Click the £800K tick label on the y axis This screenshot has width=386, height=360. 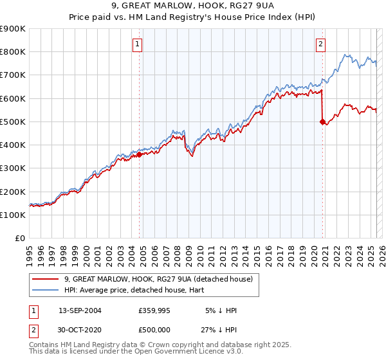pyautogui.click(x=13, y=52)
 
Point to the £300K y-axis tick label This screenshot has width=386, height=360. pyautogui.click(x=13, y=168)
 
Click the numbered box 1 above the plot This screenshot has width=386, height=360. pyautogui.click(x=138, y=44)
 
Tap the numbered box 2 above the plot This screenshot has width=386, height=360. pyautogui.click(x=320, y=44)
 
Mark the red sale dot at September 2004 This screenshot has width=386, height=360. pyautogui.click(x=140, y=154)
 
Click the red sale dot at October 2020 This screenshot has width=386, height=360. pyautogui.click(x=322, y=122)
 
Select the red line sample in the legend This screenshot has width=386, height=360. pyautogui.click(x=46, y=279)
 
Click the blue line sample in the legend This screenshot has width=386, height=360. pyautogui.click(x=46, y=290)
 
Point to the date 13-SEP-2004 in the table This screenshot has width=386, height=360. pyautogui.click(x=80, y=310)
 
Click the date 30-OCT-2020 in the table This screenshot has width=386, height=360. pyautogui.click(x=80, y=330)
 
